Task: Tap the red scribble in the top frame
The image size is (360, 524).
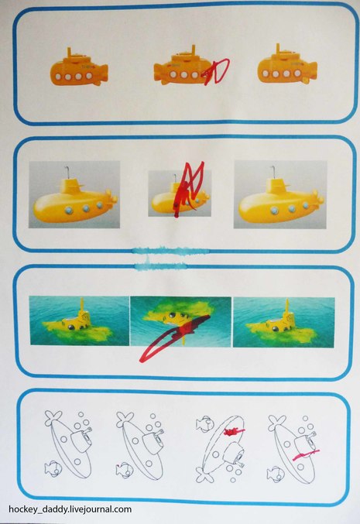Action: [216, 71]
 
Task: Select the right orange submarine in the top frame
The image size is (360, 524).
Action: [287, 67]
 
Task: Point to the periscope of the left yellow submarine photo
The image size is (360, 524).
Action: [67, 171]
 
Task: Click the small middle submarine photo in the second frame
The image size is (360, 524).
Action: [180, 194]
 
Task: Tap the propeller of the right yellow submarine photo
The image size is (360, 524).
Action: [317, 198]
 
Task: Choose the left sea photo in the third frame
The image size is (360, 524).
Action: [79, 320]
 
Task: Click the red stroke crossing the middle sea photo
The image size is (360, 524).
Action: [174, 338]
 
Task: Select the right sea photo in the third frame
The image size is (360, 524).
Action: [284, 322]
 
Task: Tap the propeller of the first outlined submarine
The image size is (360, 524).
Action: [53, 419]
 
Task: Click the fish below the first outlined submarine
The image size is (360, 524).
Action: [53, 468]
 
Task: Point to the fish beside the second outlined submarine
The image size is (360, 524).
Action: [125, 470]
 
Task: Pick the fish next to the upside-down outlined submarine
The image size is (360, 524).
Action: [204, 423]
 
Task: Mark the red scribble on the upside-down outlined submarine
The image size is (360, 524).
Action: [234, 432]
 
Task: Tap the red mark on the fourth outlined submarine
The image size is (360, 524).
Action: [306, 455]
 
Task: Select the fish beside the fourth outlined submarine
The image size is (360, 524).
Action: [276, 474]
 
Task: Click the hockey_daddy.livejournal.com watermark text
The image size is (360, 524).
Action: [70, 509]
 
